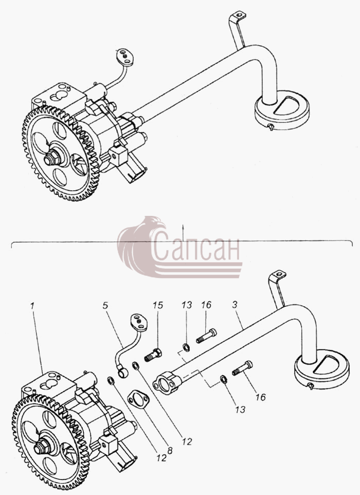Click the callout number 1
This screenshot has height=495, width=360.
click(32, 306)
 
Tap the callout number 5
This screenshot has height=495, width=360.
click(105, 305)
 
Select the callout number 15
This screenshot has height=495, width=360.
click(158, 305)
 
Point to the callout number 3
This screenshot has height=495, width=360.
click(235, 305)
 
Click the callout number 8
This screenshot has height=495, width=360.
click(170, 451)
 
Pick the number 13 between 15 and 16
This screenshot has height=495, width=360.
click(187, 305)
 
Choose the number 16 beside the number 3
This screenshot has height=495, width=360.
click(206, 305)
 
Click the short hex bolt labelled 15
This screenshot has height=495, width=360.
click(153, 355)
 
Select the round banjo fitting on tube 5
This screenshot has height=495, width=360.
click(122, 373)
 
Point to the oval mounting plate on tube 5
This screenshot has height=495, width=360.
click(139, 322)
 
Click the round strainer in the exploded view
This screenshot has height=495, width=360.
click(321, 369)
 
